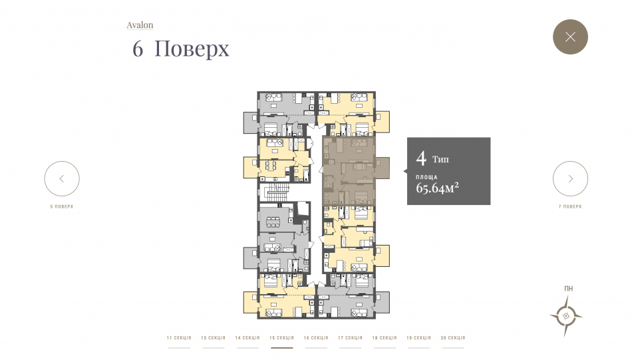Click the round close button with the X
click(570, 37)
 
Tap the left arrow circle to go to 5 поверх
click(62, 178)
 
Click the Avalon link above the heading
click(140, 25)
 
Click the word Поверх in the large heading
click(192, 49)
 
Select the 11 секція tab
click(179, 338)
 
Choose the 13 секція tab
click(214, 338)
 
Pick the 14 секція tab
click(247, 338)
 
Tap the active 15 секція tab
click(282, 338)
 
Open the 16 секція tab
click(316, 338)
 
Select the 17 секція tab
click(350, 338)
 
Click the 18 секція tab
click(385, 338)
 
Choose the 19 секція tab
click(418, 338)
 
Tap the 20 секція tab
click(453, 338)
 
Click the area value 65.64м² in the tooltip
click(437, 188)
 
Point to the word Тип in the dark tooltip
click(440, 159)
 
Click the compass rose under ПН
click(566, 316)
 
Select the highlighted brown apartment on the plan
click(349, 171)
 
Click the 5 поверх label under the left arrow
click(62, 206)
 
